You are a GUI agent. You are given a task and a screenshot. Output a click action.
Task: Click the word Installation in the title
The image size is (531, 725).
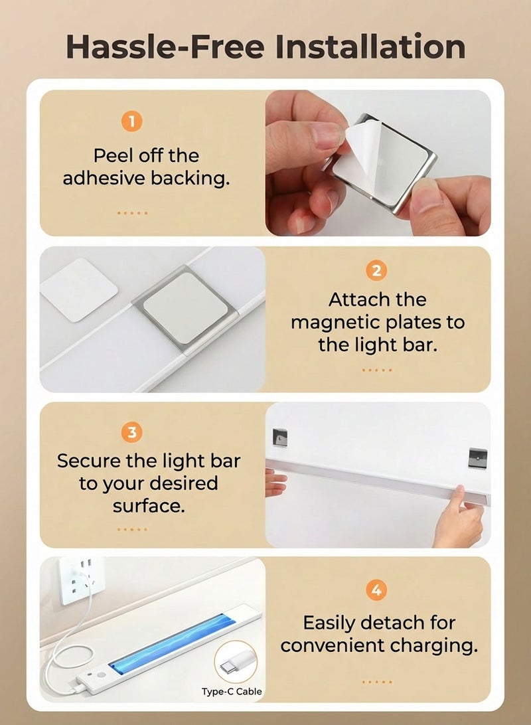(370, 46)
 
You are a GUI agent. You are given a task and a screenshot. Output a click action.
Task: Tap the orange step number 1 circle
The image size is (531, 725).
(132, 121)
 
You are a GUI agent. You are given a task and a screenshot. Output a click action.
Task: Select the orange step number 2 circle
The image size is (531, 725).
(376, 271)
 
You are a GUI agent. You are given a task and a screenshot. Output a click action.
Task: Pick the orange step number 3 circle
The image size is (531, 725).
(132, 433)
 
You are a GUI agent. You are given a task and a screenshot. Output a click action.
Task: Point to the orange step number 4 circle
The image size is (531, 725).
(376, 590)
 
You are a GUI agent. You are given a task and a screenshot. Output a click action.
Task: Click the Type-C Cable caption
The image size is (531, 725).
(232, 692)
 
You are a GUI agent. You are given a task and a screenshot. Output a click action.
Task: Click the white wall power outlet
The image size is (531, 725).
(81, 580)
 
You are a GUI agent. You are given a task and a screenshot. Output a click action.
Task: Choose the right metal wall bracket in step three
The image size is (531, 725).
(477, 457)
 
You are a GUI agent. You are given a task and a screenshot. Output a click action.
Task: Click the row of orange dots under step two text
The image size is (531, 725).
(376, 370)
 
